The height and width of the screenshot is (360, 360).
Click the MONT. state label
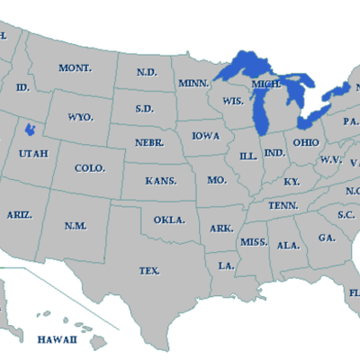click(75, 68)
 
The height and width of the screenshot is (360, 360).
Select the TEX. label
click(149, 270)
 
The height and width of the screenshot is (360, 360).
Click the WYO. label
click(81, 118)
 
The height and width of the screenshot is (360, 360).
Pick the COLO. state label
click(90, 168)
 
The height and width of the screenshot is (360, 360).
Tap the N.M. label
click(76, 225)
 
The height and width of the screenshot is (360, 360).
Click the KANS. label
click(161, 181)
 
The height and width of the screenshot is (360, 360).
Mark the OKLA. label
click(169, 220)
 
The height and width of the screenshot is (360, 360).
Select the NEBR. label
click(149, 143)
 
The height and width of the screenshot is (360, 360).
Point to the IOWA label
click(206, 136)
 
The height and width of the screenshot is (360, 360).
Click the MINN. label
click(193, 84)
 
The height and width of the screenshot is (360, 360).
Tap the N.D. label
click(146, 72)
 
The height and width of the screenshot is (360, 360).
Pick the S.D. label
click(145, 108)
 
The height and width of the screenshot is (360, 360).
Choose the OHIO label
click(304, 142)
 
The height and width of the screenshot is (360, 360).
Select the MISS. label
click(253, 243)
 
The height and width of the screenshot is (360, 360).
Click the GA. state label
click(327, 238)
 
